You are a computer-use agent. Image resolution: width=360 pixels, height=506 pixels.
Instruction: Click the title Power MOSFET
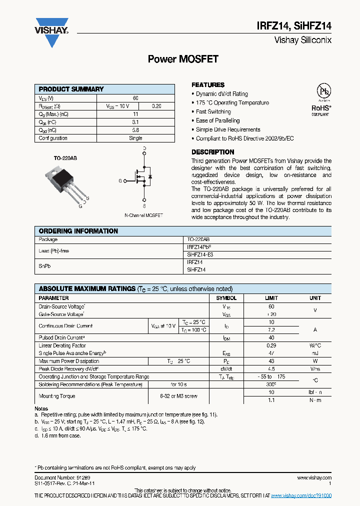pyautogui.click(x=183, y=59)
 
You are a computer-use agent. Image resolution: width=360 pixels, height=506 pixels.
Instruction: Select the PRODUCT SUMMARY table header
pyautogui.click(x=71, y=89)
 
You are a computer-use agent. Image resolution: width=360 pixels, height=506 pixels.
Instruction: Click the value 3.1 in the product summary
pyautogui.click(x=135, y=122)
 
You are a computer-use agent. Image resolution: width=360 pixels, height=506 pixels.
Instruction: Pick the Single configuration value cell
pyautogui.click(x=135, y=138)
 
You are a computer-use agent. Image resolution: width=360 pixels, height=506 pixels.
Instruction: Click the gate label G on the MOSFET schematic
pyautogui.click(x=120, y=180)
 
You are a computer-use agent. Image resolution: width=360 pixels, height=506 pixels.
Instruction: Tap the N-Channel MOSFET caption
pyautogui.click(x=143, y=215)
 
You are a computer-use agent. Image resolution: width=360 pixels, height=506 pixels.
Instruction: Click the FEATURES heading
pyautogui.click(x=208, y=85)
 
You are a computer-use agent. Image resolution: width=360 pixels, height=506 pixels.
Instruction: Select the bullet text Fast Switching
pyautogui.click(x=213, y=112)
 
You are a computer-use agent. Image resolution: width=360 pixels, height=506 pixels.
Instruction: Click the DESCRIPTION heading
pyautogui.click(x=212, y=152)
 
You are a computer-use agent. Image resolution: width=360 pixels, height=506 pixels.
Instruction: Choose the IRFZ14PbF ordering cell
pyautogui.click(x=202, y=247)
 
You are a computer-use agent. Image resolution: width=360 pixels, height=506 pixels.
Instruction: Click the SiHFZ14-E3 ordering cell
pyautogui.click(x=200, y=254)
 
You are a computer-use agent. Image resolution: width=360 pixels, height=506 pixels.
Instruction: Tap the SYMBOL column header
pyautogui.click(x=226, y=298)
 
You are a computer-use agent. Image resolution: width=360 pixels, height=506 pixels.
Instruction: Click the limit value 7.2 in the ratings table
pyautogui.click(x=271, y=330)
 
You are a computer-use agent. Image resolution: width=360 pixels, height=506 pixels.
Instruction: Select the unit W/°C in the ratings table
pyautogui.click(x=315, y=345)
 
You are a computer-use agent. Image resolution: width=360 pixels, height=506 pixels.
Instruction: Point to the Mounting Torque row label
pyautogui.click(x=57, y=396)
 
